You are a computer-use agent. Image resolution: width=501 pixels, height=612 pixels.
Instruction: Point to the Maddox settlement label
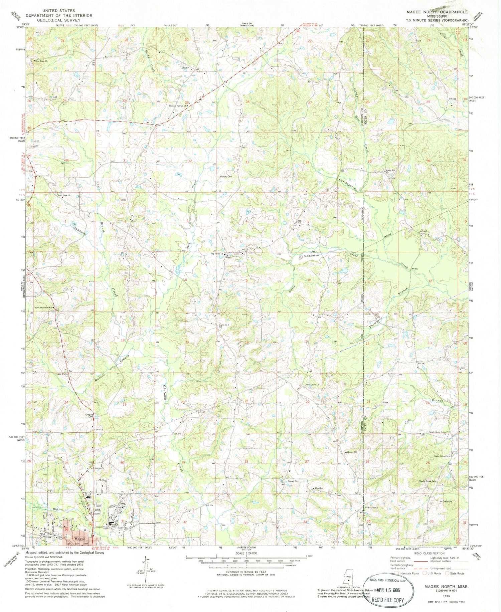(x=318, y=488)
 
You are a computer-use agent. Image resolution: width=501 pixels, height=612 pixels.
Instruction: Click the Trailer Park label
(x=61, y=374)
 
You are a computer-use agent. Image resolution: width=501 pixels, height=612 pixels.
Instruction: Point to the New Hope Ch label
(x=42, y=61)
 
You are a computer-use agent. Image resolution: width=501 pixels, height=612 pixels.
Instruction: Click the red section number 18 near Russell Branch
(x=123, y=340)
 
